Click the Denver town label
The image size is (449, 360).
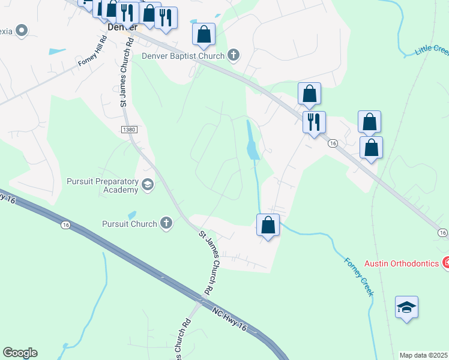point(122,27)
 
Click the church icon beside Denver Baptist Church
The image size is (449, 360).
point(234,56)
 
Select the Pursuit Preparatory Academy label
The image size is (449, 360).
point(103,186)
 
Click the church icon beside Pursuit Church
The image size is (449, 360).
point(166,224)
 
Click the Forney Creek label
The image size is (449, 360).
point(359,277)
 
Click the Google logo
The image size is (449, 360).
point(20,353)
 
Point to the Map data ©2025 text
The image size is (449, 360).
point(424,355)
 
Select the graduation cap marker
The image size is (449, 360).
point(406,308)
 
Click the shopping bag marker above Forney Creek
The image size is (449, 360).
point(268,226)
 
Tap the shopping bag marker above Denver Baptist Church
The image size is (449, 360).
point(204,34)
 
